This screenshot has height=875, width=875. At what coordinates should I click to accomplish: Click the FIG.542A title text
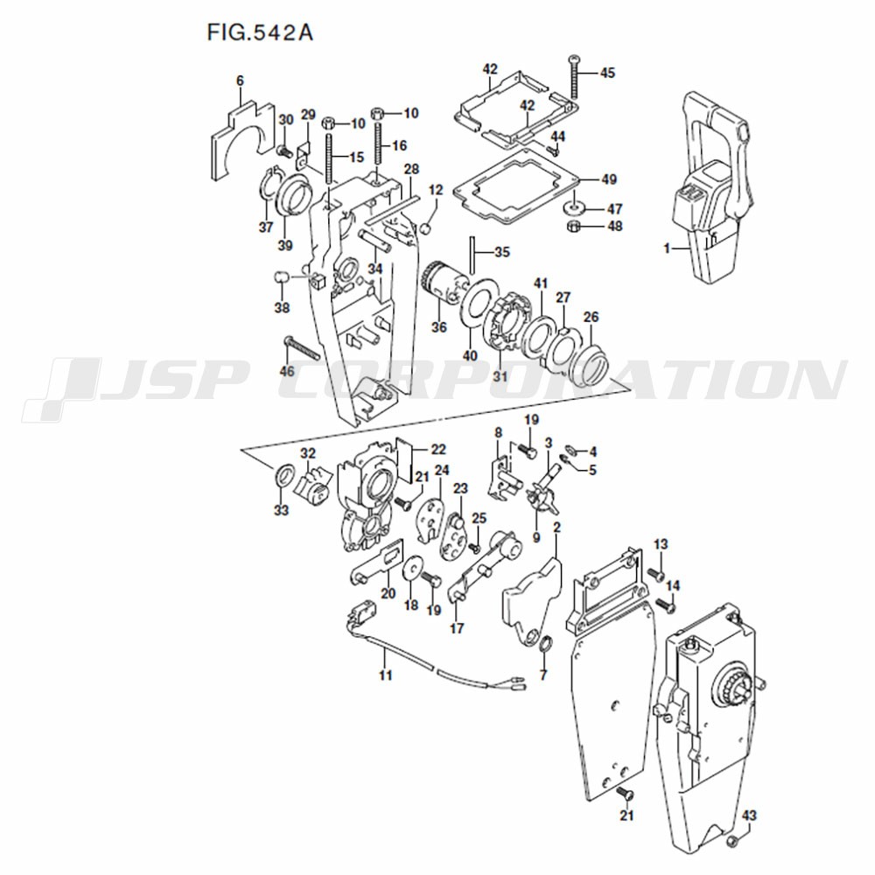[260, 31]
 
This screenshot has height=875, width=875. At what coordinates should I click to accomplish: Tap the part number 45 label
[607, 73]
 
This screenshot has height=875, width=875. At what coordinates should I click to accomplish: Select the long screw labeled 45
[575, 77]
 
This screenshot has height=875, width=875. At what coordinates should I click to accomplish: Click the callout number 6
[240, 80]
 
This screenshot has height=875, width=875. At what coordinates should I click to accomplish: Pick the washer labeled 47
[573, 208]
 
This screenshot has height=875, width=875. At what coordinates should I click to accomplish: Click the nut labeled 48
[572, 226]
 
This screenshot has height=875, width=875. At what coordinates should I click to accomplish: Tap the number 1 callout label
[666, 248]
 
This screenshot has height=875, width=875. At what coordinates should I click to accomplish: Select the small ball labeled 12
[425, 228]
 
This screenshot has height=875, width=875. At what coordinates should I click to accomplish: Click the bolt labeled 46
[301, 348]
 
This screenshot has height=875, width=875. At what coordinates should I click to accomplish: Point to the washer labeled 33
[283, 476]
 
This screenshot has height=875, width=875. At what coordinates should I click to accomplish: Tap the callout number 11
[386, 675]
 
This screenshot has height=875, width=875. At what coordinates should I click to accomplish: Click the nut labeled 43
[735, 841]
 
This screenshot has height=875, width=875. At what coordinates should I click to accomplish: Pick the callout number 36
[439, 326]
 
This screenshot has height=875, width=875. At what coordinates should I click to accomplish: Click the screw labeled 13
[655, 574]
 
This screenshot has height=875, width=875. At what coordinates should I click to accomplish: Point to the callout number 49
[609, 179]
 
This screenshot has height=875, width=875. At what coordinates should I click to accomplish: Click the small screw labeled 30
[284, 150]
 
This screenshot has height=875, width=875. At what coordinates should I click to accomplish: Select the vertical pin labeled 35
[472, 255]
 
